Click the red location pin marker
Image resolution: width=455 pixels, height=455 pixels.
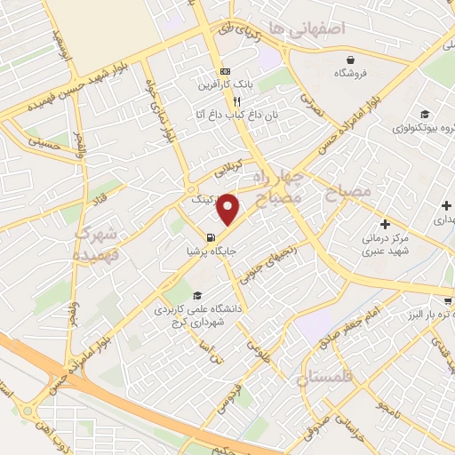228,209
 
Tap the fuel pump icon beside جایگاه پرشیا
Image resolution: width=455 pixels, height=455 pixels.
210,237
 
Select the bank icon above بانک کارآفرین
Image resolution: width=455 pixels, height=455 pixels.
225,72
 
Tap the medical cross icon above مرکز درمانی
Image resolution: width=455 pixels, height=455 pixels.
384,224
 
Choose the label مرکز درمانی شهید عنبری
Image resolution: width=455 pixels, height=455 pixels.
384,245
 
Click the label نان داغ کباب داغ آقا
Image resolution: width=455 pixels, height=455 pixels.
226,116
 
